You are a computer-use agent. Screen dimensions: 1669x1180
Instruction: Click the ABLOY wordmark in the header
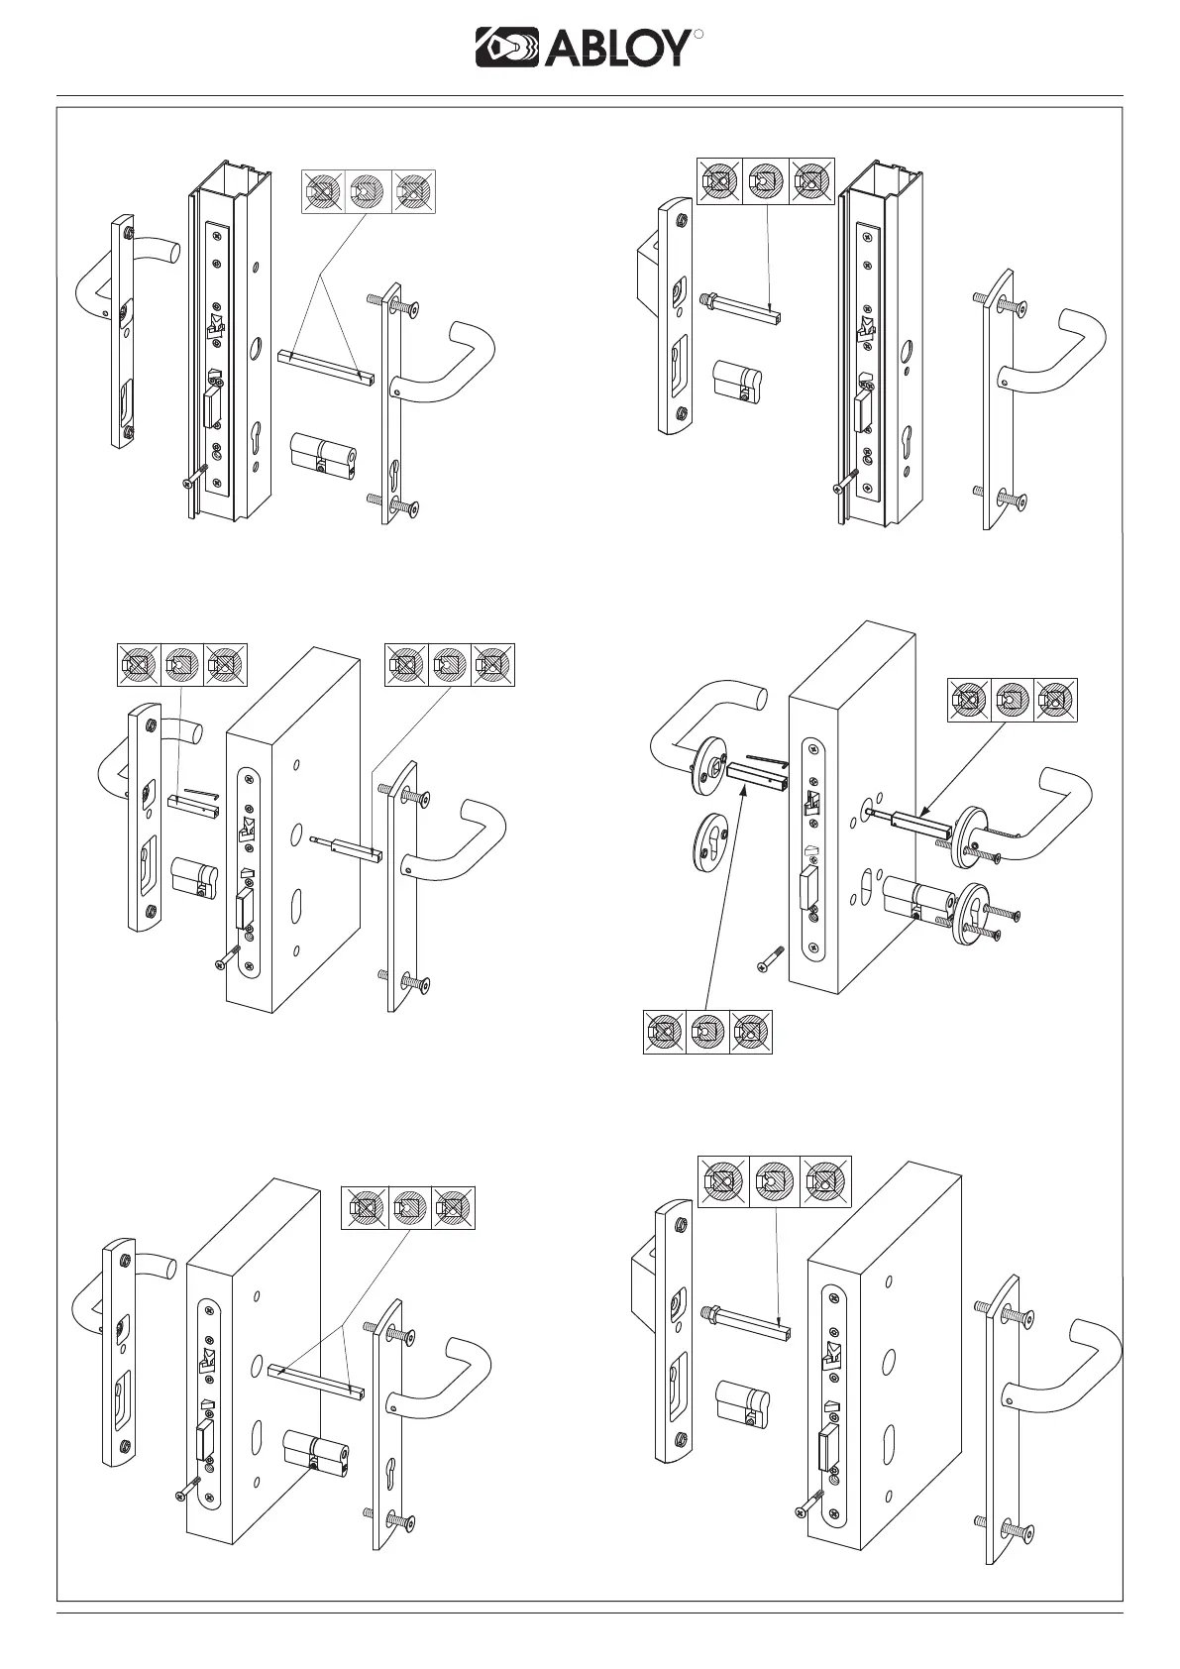tap(614, 48)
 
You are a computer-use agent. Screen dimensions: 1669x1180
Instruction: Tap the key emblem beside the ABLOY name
tap(506, 48)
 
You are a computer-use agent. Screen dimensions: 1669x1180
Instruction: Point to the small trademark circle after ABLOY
tap(697, 35)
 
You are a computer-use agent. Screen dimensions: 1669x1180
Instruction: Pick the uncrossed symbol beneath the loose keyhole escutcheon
tap(706, 1033)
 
